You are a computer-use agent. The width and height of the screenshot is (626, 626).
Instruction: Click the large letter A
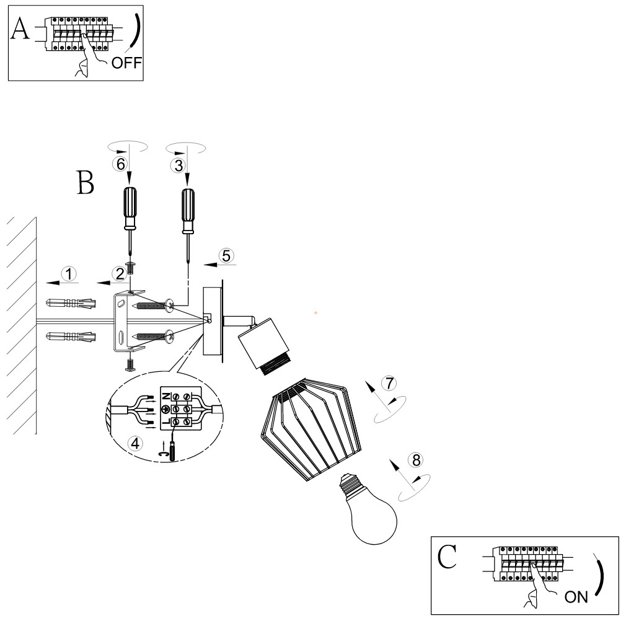click(20, 29)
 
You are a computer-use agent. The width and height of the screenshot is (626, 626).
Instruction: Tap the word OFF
click(126, 63)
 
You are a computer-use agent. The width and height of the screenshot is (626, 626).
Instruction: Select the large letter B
click(86, 183)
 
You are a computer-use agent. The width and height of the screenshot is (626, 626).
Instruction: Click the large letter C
click(447, 557)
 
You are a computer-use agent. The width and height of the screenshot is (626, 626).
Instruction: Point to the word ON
click(576, 597)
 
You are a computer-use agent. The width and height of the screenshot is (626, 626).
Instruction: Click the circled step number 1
click(69, 274)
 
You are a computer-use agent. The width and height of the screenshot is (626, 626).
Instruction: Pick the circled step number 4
click(135, 443)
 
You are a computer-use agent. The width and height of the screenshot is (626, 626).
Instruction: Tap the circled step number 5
click(226, 256)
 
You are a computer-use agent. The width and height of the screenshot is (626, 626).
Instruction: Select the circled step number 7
click(389, 383)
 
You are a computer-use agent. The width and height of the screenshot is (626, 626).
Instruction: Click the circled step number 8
click(417, 460)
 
